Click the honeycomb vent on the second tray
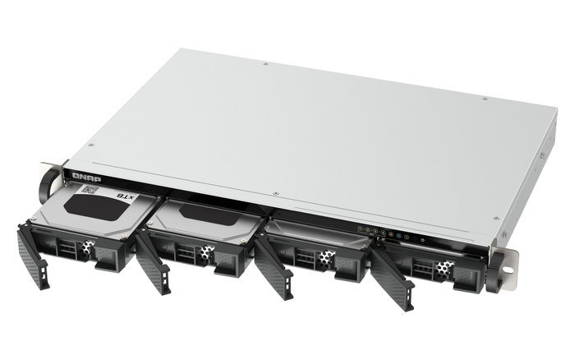pyautogui.click(x=202, y=256)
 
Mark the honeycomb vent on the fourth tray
pyautogui.click(x=444, y=268)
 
